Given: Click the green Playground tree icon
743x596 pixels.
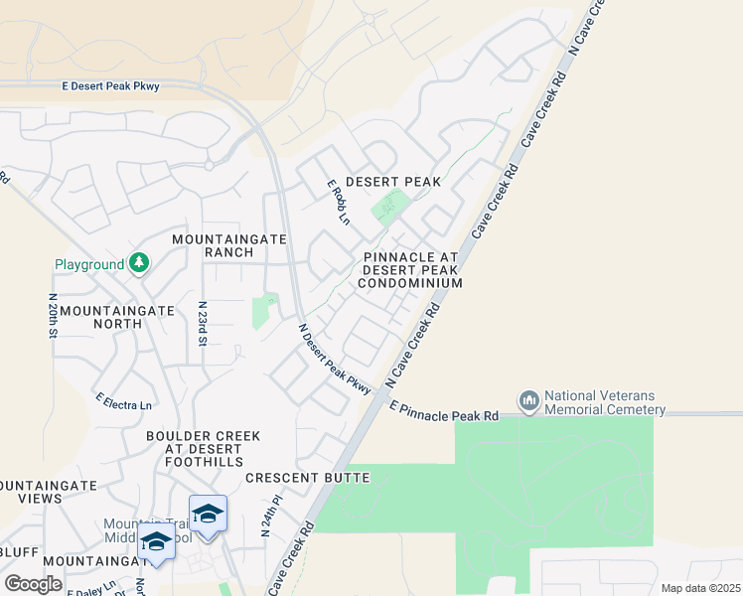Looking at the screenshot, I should [x=140, y=263].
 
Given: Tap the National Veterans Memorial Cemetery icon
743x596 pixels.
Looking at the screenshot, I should [x=528, y=400].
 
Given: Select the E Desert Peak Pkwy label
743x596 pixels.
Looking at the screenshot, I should [x=110, y=87].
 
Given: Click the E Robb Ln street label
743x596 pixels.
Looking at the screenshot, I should [x=340, y=202].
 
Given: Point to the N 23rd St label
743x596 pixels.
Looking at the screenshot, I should [x=202, y=324].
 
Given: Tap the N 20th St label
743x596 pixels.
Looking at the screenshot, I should [x=52, y=315].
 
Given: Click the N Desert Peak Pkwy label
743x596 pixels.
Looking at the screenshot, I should [x=335, y=359].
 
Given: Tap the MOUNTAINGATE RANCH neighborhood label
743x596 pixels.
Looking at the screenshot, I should [x=229, y=245].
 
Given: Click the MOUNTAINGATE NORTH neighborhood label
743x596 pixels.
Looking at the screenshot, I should [x=117, y=317].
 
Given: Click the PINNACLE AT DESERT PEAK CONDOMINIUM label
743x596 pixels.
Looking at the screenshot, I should [x=410, y=269].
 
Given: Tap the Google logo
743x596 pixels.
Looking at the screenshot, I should [x=33, y=584].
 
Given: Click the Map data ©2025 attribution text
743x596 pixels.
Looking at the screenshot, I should [x=700, y=588].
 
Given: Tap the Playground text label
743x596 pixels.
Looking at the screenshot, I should [x=89, y=264].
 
